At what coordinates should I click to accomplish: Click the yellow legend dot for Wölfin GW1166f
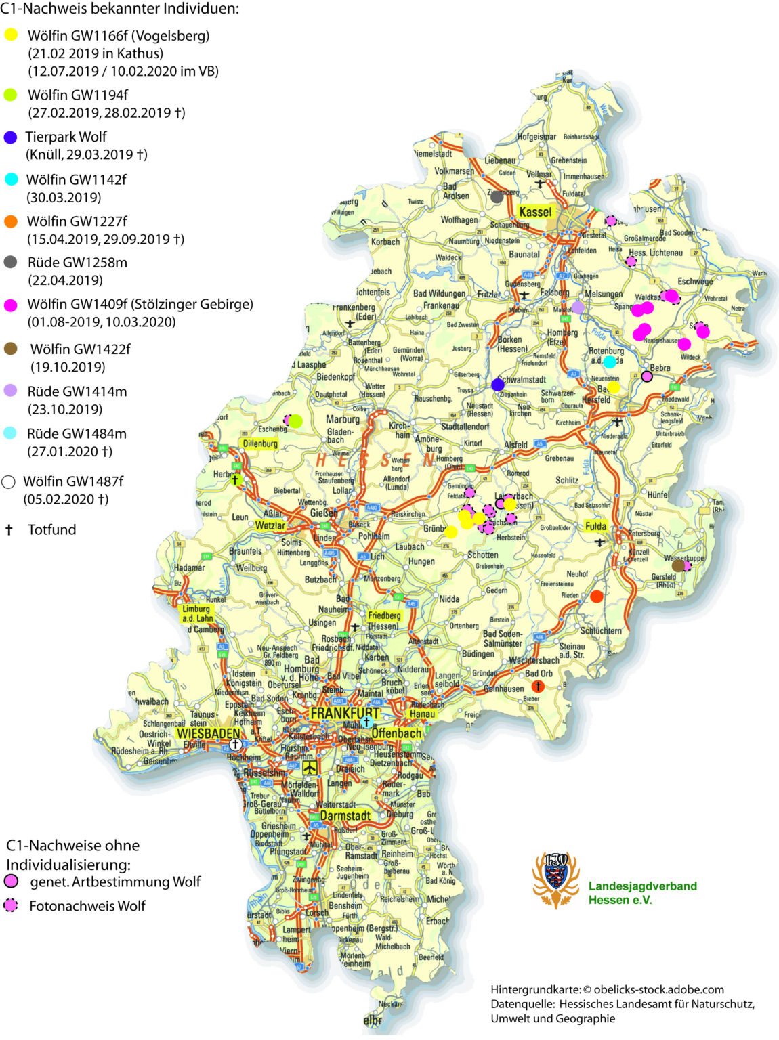click(x=11, y=35)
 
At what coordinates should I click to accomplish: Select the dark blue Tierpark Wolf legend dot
click(x=10, y=137)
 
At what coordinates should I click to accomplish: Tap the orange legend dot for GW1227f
click(x=11, y=221)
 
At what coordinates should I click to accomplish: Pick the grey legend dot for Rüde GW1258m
click(x=10, y=263)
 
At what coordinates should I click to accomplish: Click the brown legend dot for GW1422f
click(x=10, y=349)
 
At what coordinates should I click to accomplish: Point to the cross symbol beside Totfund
click(x=9, y=529)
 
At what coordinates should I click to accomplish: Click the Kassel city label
click(x=535, y=211)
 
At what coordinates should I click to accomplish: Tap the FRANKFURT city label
click(x=345, y=714)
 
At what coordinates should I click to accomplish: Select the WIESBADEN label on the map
click(x=208, y=733)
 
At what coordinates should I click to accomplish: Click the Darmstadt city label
click(x=345, y=815)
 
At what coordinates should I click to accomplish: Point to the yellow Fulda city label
click(x=595, y=526)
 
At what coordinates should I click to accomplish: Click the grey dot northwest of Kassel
click(x=497, y=197)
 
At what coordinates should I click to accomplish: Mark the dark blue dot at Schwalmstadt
click(x=498, y=385)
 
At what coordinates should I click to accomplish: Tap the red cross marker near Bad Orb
click(x=538, y=687)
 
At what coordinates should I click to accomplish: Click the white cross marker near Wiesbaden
click(x=235, y=744)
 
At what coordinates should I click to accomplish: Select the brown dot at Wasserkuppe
click(x=678, y=565)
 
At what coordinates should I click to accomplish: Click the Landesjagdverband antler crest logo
click(x=555, y=879)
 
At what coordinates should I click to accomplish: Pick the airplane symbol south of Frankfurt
click(x=310, y=767)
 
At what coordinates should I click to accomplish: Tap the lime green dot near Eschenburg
click(x=295, y=421)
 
